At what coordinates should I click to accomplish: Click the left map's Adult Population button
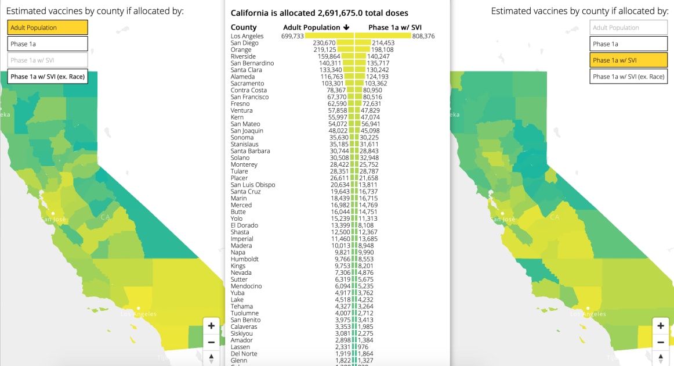point(48,27)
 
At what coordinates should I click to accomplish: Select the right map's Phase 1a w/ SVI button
point(629,60)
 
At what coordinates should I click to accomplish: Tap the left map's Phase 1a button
point(48,44)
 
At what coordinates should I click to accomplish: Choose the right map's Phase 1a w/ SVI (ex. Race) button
point(629,76)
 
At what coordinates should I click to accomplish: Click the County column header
point(244,27)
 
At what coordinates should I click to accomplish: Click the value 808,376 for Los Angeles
point(423,36)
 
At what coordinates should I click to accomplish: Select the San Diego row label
point(244,43)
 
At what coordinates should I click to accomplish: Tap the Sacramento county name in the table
point(247,84)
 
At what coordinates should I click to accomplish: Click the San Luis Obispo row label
point(253,185)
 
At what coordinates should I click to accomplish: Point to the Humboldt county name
point(245,259)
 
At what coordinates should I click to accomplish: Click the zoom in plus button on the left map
point(211,326)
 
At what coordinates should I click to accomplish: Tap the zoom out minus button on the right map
point(660,342)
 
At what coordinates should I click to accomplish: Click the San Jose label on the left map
point(53,219)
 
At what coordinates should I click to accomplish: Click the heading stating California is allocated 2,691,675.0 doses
point(319,13)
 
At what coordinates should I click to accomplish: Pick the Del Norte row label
point(244,354)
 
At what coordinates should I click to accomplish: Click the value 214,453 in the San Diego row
point(383,43)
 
